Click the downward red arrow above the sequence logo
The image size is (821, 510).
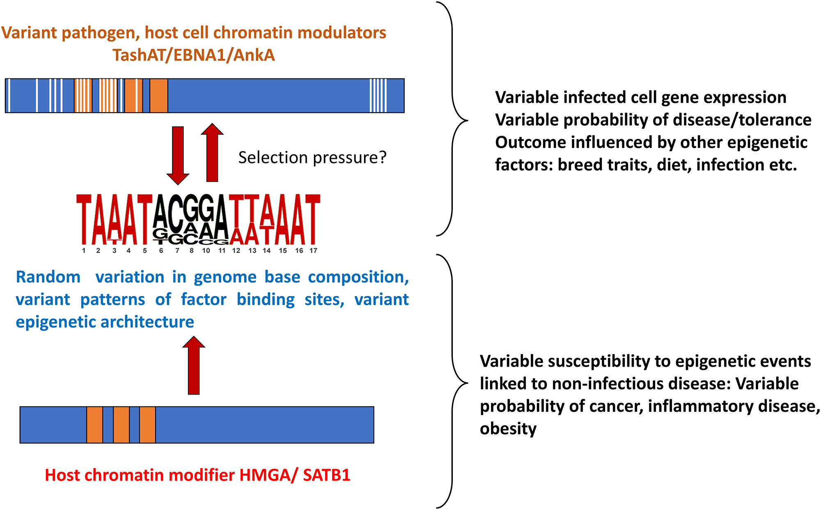coord(178,154)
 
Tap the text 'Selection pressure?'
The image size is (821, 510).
coord(312,157)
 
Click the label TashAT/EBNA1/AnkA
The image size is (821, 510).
coord(194,55)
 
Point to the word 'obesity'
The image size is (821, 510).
coord(508,429)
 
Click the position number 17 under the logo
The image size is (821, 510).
coord(313,250)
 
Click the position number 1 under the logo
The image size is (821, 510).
coord(84,250)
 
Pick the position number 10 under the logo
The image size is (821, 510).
coord(206,250)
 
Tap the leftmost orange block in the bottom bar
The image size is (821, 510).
coord(94,425)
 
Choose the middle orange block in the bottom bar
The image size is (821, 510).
coord(121,425)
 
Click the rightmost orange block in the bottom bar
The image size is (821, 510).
coord(147,425)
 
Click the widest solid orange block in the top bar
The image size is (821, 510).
coord(158,96)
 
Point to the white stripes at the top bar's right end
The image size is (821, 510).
coord(378,96)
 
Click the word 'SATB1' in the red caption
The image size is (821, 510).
coord(326,475)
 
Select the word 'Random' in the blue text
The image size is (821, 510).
coord(48,277)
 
